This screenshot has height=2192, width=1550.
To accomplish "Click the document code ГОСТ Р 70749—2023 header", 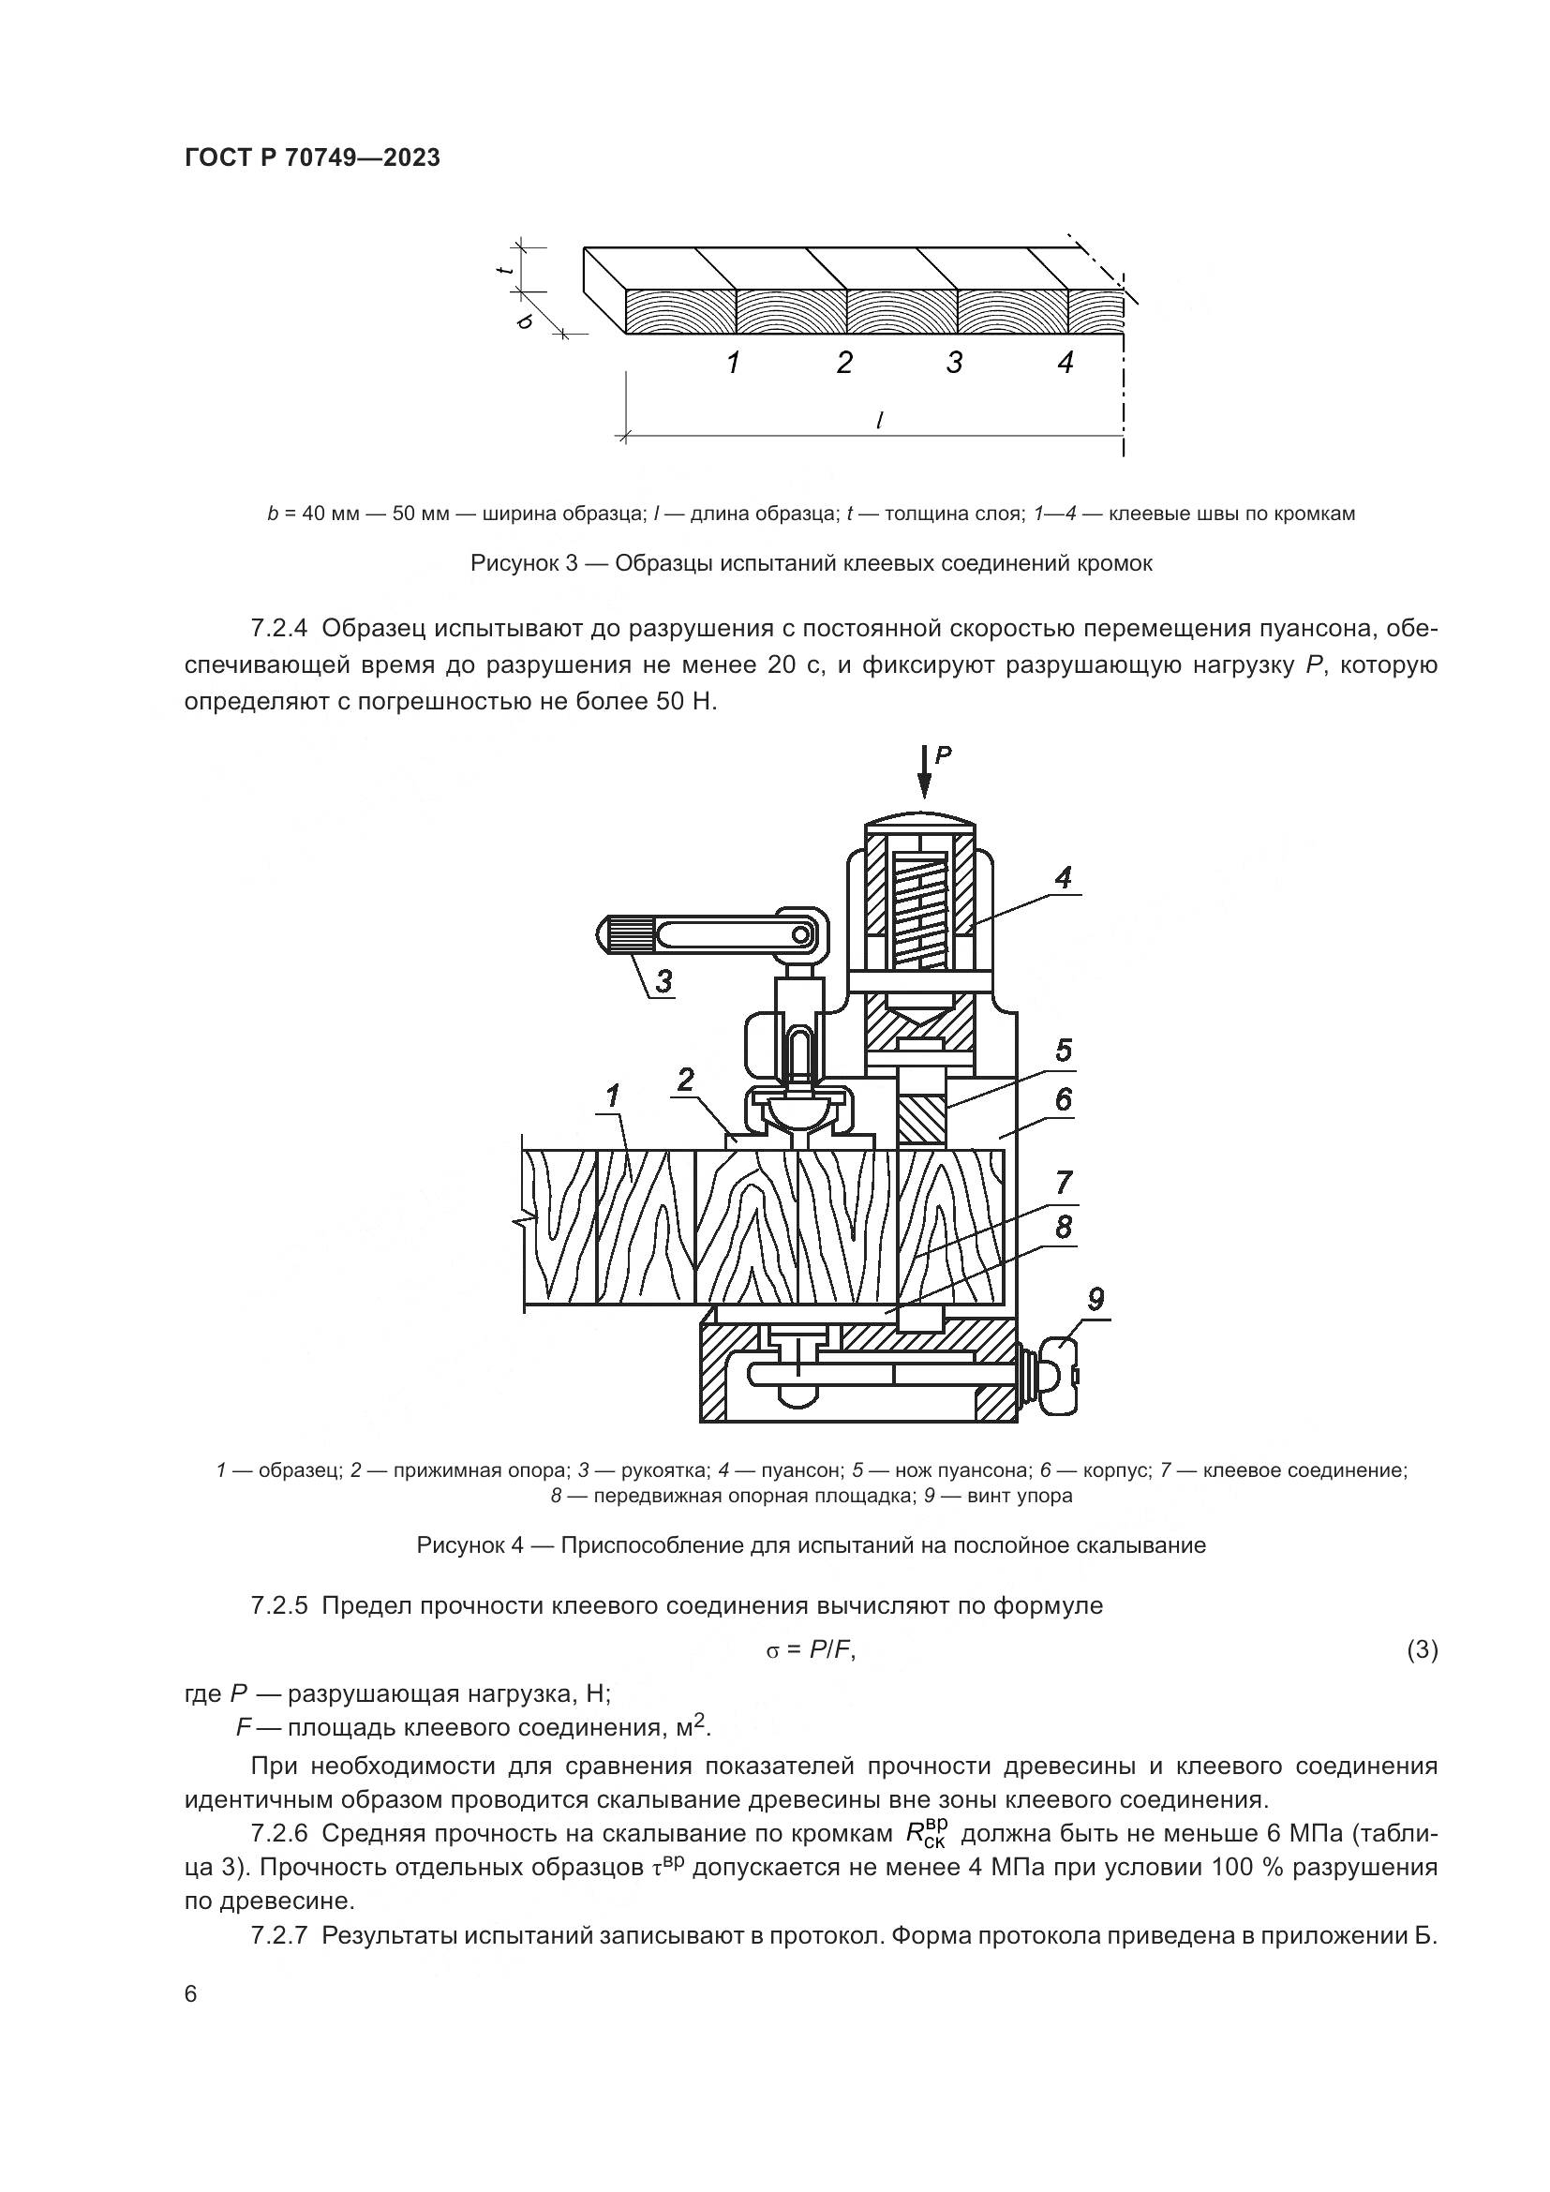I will pyautogui.click(x=312, y=158).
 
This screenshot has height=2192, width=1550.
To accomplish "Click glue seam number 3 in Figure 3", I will pyautogui.click(x=954, y=363).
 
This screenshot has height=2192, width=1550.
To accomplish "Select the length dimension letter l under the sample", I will pyautogui.click(x=878, y=419).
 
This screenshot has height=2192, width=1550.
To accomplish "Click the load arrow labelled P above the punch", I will pyautogui.click(x=925, y=771).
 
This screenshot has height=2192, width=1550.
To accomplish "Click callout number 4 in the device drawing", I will pyautogui.click(x=1064, y=876).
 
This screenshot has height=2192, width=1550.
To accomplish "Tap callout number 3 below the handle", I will pyautogui.click(x=663, y=980).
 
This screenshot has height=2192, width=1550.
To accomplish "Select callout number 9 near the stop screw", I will pyautogui.click(x=1095, y=1298).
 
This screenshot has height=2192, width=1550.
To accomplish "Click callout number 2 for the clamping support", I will pyautogui.click(x=685, y=1080).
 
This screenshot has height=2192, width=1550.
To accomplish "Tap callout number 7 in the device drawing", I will pyautogui.click(x=1065, y=1183).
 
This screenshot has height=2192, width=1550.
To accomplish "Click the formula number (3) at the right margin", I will pyautogui.click(x=1423, y=1649).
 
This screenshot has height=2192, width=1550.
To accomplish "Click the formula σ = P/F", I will pyautogui.click(x=811, y=1650).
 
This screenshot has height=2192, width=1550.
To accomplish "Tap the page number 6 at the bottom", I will pyautogui.click(x=191, y=1994).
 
